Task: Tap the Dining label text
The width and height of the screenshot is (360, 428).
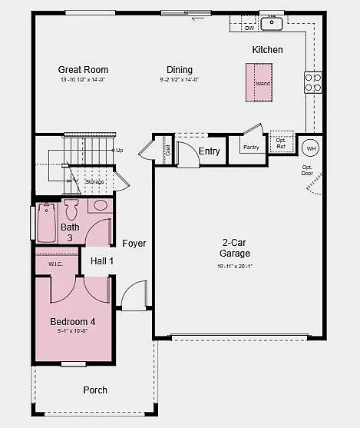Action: click(x=180, y=70)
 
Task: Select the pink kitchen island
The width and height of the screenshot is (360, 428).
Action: click(x=259, y=82)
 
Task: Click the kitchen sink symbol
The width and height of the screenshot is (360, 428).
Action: click(x=272, y=23)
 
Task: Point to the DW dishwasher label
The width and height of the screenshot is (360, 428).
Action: click(x=249, y=28)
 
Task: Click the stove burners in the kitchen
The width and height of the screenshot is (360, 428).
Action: click(x=313, y=82)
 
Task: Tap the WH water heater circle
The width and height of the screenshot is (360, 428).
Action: click(x=311, y=148)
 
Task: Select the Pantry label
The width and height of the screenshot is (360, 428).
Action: click(x=251, y=147)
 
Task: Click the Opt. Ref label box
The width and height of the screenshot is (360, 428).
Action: click(x=281, y=143)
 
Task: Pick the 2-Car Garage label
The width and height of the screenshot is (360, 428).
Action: click(x=235, y=247)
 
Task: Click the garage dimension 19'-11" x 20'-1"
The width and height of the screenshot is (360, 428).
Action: click(x=235, y=267)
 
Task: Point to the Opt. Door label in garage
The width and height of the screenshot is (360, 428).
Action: click(x=307, y=170)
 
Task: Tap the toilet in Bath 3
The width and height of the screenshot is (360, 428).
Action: click(x=72, y=209)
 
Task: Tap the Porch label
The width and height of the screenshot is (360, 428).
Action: click(x=95, y=390)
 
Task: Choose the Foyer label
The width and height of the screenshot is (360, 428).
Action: click(x=134, y=244)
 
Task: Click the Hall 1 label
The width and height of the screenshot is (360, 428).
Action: click(x=102, y=261)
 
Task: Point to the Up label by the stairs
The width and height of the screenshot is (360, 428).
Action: click(x=119, y=151)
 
